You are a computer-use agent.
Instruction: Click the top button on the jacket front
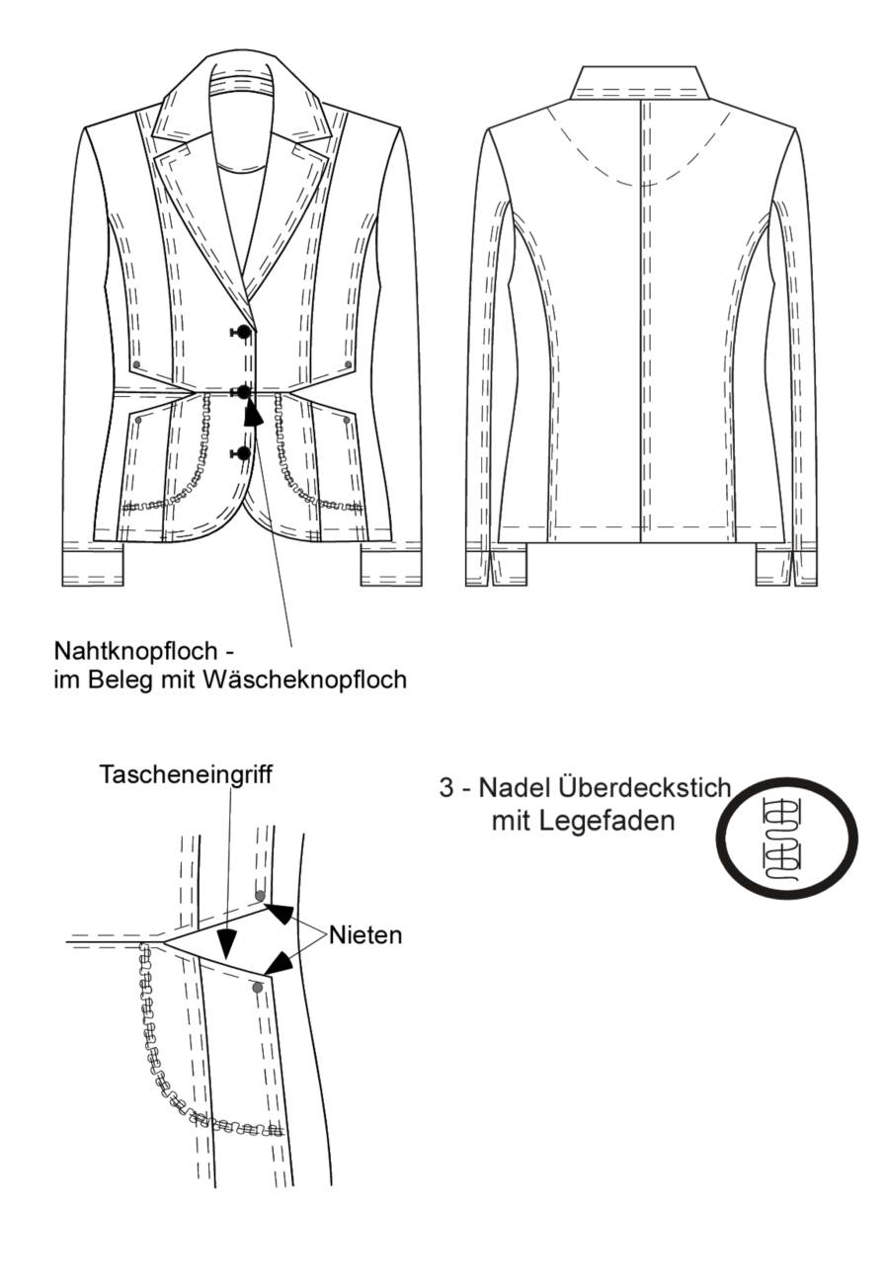click(244, 331)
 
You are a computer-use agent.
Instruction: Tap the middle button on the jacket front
click(244, 392)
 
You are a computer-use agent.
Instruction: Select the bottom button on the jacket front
click(245, 453)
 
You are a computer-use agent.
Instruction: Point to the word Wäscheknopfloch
click(304, 680)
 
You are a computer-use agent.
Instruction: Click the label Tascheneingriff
click(186, 774)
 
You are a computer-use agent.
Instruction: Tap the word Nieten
click(365, 935)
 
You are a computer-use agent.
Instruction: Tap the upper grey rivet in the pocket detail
click(260, 896)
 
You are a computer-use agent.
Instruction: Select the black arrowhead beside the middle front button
click(252, 415)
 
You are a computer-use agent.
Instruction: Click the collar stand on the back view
click(640, 84)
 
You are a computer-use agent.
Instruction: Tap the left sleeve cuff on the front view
click(93, 565)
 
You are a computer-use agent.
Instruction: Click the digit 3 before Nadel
click(446, 788)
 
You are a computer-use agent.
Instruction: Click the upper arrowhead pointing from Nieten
click(280, 914)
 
